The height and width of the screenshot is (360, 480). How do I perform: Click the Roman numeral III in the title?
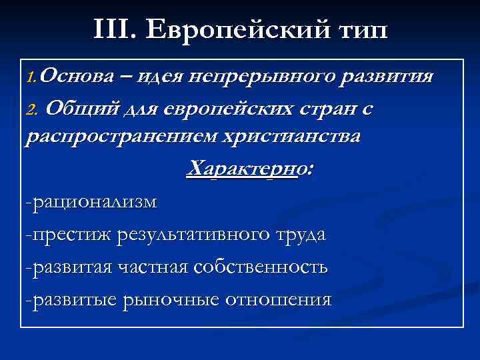coord(113,30)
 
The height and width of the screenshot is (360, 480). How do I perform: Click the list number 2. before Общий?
coord(33,108)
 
